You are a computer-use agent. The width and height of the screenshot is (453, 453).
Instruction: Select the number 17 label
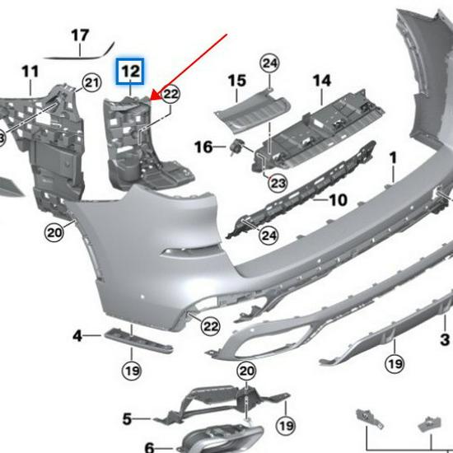pos(79,35)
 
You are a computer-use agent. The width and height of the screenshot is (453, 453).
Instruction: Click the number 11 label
pos(30,72)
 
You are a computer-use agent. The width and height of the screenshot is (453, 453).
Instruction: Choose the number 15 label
pos(237,80)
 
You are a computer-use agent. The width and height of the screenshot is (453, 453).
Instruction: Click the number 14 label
pos(320,80)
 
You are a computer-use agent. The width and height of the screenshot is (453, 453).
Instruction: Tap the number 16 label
pos(203,147)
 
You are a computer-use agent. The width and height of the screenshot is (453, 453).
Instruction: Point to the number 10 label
pos(338,199)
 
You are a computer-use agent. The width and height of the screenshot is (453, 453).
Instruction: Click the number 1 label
pos(393,156)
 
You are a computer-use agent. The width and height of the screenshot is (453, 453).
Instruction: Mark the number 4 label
pos(77,335)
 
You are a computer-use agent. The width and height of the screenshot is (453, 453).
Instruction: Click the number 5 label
pos(128,419)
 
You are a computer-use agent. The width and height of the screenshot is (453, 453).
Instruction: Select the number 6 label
pos(149,446)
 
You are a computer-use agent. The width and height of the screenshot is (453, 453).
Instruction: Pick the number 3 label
pos(444,339)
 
